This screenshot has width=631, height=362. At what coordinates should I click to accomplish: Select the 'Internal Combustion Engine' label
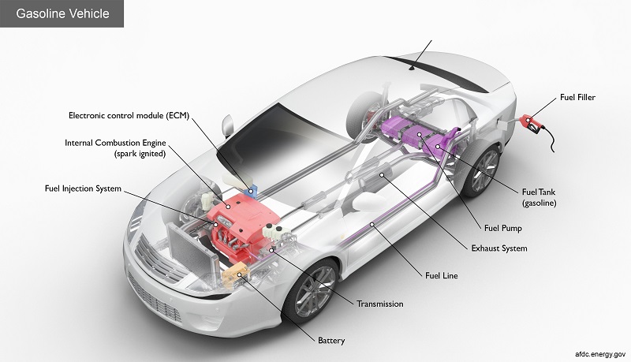(x=118, y=147)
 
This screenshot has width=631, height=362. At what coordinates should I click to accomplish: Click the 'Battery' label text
(x=331, y=341)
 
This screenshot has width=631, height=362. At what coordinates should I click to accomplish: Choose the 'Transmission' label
(x=380, y=304)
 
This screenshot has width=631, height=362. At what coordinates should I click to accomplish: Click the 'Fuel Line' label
(x=441, y=276)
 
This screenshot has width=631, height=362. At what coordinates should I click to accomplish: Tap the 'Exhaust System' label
(x=499, y=248)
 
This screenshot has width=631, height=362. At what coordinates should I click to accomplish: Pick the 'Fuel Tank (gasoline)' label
(x=540, y=196)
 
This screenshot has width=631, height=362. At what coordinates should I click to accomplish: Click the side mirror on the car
(x=228, y=124)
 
